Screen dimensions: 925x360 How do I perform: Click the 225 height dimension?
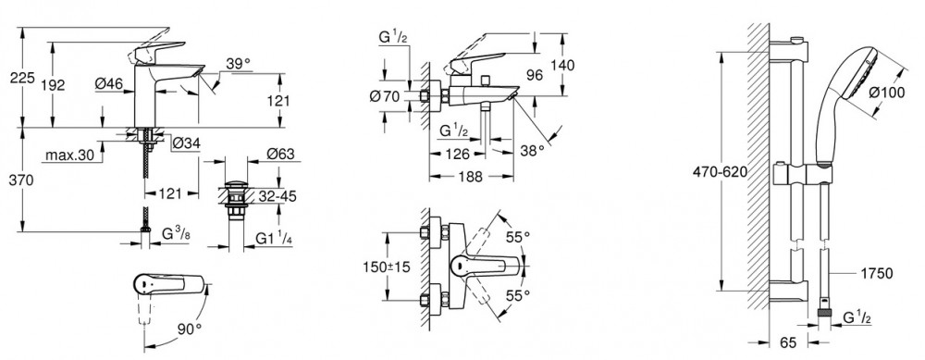pyautogui.click(x=23, y=78)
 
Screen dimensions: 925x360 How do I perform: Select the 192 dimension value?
pyautogui.click(x=54, y=85)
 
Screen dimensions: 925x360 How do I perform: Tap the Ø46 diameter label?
pyautogui.click(x=109, y=84)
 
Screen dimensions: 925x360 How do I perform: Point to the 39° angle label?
pyautogui.click(x=238, y=64)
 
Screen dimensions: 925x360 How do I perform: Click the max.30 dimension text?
pyautogui.click(x=69, y=156)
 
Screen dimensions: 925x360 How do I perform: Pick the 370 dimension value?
pyautogui.click(x=23, y=180)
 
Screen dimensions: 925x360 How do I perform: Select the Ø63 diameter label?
pyautogui.click(x=280, y=154)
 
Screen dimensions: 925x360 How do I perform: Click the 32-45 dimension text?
pyautogui.click(x=276, y=196)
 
